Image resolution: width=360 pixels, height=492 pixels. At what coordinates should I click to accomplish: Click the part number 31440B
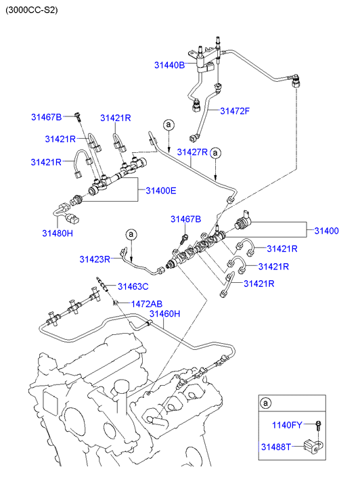169,65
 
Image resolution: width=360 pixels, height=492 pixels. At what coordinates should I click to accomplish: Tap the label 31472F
235,111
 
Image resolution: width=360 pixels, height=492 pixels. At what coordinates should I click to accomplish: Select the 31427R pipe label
192,152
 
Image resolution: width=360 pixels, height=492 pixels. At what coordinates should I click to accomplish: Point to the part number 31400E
160,191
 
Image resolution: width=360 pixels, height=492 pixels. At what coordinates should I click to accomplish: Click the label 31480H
58,233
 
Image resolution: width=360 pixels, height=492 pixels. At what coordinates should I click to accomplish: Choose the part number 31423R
95,259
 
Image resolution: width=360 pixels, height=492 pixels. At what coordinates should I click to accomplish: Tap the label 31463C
133,287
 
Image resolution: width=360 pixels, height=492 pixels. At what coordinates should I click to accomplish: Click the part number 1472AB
147,304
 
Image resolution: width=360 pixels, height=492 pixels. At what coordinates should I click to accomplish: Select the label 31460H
165,314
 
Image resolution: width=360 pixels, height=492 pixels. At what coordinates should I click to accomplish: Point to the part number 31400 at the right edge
326,231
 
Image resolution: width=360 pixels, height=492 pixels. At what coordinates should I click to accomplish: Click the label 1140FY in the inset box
287,425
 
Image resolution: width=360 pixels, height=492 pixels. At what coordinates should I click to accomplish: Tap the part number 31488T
276,447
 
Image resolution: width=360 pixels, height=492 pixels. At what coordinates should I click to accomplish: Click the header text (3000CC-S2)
32,10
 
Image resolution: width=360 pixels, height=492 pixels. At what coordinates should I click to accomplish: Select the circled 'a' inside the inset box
265,403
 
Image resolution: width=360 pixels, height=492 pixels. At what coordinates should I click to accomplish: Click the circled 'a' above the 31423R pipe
131,234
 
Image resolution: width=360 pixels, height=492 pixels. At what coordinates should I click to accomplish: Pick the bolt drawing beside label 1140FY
319,426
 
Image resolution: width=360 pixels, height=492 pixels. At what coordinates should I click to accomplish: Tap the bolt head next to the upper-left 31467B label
78,116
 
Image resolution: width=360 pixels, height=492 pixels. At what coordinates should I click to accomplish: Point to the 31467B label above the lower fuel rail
186,219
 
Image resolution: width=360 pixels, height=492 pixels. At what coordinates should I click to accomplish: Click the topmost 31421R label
116,118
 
